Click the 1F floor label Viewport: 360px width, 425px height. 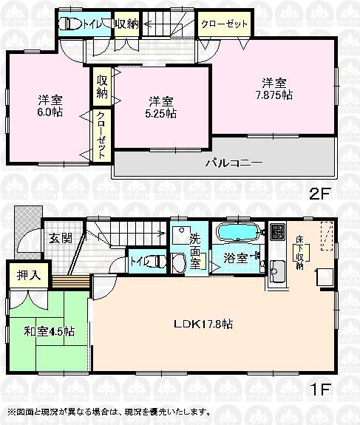319,387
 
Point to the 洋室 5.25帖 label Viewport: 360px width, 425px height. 161,108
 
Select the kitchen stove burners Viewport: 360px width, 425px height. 276,231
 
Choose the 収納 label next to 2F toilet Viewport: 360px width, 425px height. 126,24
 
